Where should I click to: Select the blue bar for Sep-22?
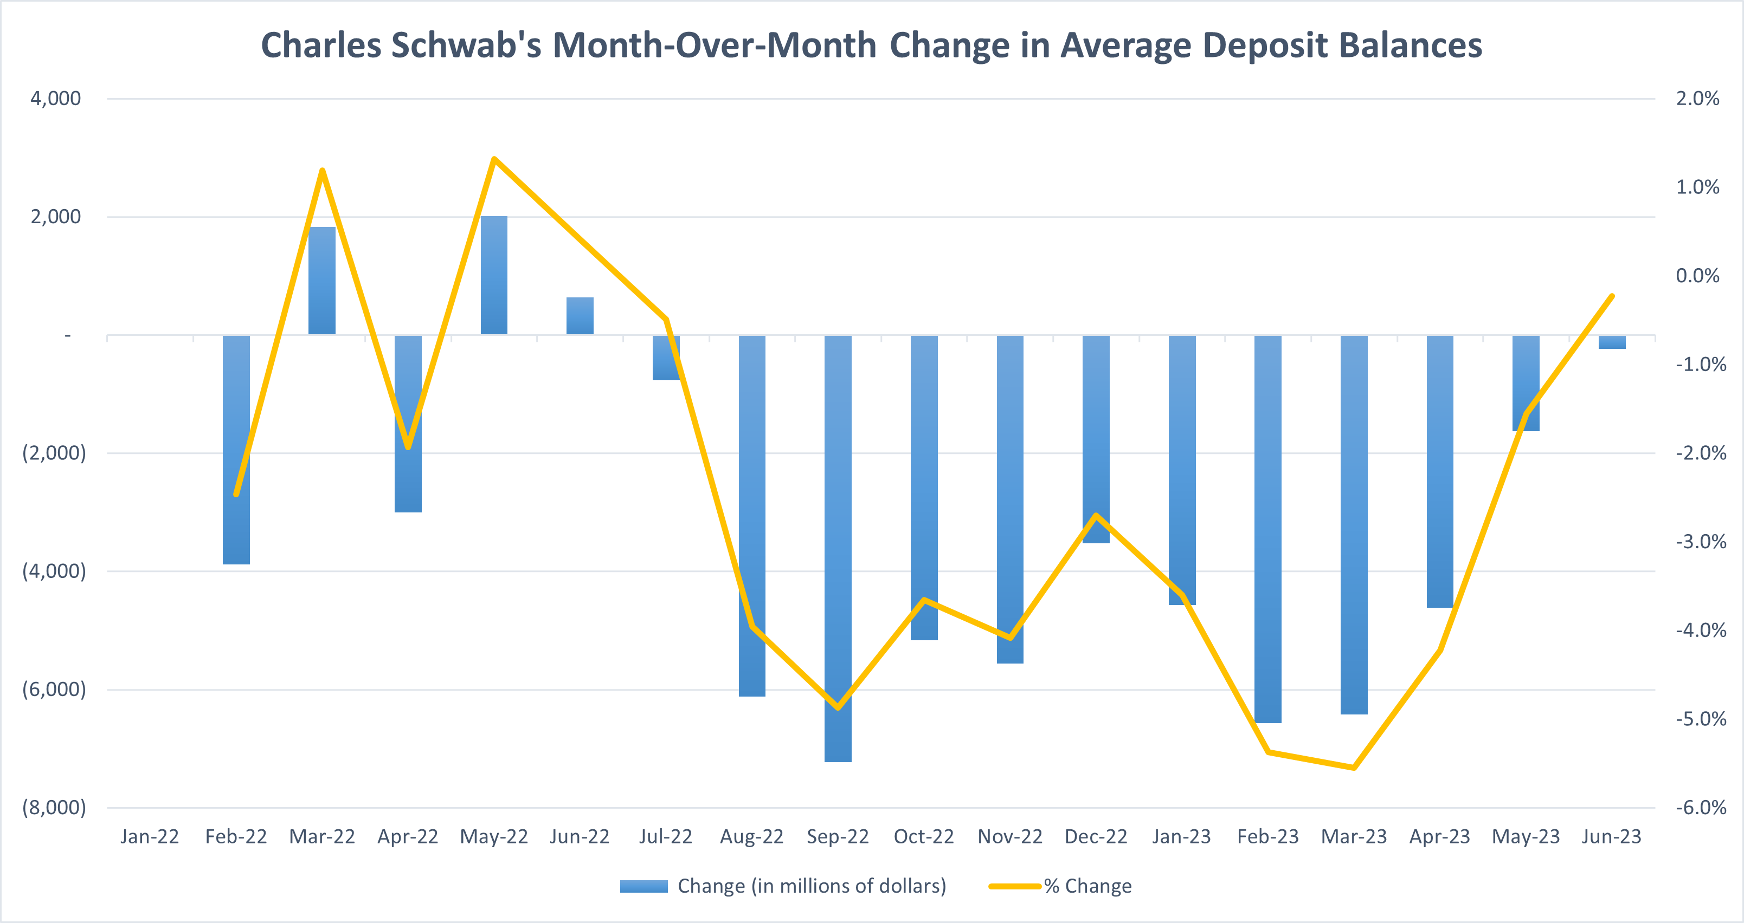(838, 548)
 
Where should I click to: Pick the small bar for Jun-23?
(1611, 342)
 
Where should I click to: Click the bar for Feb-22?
(236, 450)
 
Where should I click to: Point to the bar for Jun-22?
(580, 316)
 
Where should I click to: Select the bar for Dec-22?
(1096, 439)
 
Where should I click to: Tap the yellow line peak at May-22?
(494, 159)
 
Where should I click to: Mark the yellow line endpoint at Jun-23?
(1612, 296)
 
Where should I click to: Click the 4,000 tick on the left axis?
(55, 99)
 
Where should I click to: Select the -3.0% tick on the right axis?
(1700, 541)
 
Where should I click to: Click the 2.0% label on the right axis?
(1697, 99)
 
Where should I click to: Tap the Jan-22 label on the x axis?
(150, 837)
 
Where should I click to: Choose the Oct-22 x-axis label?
(923, 837)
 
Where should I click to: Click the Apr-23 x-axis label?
(1439, 837)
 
